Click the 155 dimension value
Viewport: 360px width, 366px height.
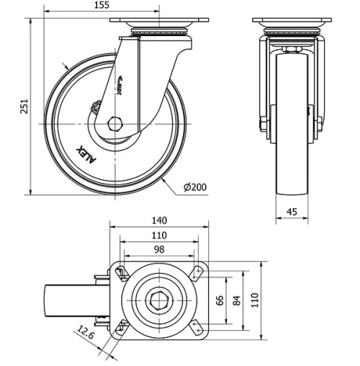101,5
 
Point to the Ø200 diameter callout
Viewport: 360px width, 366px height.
195,187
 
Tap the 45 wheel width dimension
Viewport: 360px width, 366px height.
292,211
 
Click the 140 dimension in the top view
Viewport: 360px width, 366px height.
158,220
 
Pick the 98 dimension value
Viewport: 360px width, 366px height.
158,249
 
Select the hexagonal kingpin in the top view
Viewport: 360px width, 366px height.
158,299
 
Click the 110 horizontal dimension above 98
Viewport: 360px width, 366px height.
158,236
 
